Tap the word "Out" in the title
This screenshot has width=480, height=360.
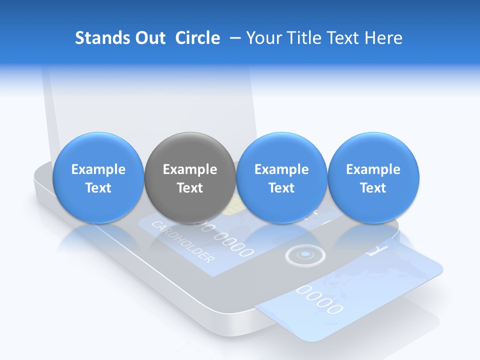pyautogui.click(x=149, y=38)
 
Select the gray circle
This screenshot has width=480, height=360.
pyautogui.click(x=190, y=178)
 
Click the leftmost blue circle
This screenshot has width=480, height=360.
pyautogui.click(x=98, y=178)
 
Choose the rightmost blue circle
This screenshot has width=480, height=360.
pyautogui.click(x=373, y=178)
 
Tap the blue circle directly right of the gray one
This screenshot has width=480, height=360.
pyautogui.click(x=281, y=178)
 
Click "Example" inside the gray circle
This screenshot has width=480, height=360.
pyautogui.click(x=190, y=169)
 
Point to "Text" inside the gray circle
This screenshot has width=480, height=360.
pyautogui.click(x=190, y=188)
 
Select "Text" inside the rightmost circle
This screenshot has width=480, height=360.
pyautogui.click(x=373, y=188)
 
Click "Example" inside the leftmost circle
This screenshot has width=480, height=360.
pyautogui.click(x=98, y=169)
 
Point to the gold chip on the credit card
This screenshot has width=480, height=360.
pyautogui.click(x=229, y=208)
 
